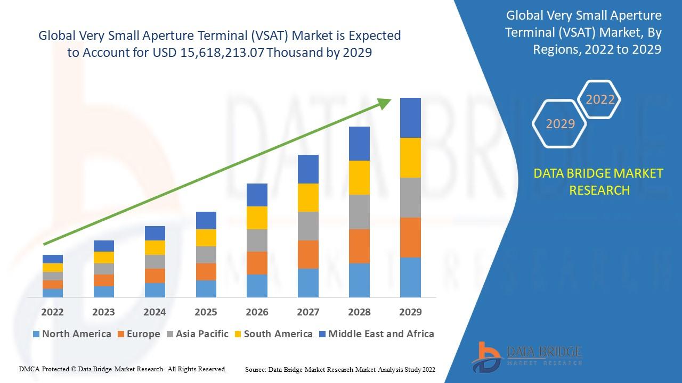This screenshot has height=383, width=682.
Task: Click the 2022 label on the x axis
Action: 52,312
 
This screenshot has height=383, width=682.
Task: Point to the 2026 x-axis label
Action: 257,312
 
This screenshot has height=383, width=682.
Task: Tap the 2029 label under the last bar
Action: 410,312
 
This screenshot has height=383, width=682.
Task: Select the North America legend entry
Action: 72,334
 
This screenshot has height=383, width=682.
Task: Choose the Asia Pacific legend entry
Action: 198,334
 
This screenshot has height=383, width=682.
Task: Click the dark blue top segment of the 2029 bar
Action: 410,118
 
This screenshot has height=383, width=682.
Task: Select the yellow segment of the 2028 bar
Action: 359,178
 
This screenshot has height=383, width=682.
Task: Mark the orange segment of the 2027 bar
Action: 308,254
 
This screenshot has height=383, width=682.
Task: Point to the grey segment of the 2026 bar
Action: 257,240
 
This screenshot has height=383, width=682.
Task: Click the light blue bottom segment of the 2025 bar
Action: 206,288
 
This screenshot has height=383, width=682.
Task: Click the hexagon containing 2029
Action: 560,123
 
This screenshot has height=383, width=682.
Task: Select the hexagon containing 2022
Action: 600,99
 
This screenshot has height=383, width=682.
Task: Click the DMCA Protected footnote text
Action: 123,369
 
